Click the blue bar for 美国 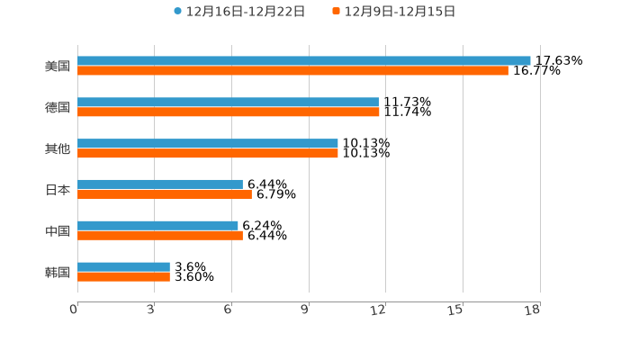[304, 61]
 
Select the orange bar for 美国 [292, 70]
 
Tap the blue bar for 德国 [228, 103]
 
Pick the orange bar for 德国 [229, 112]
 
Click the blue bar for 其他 [208, 144]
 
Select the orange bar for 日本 [165, 194]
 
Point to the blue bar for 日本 [160, 184]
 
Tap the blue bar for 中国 [157, 226]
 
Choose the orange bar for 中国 [160, 236]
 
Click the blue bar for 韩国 [123, 267]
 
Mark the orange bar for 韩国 [123, 276]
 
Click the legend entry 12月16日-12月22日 [239, 12]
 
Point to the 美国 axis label [58, 66]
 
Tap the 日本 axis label [58, 190]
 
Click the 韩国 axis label [58, 272]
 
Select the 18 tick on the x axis [533, 310]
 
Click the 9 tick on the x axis [305, 310]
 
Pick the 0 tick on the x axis [75, 310]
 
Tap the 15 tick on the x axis [456, 310]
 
